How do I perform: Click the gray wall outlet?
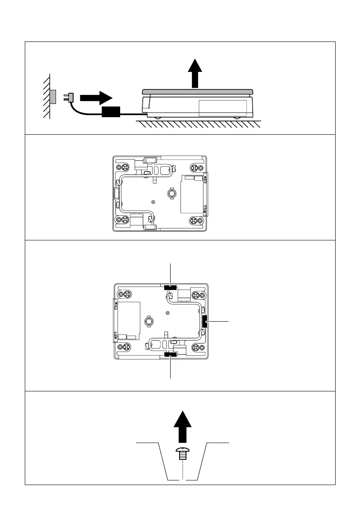(x=53, y=97)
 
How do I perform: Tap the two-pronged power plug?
(x=69, y=97)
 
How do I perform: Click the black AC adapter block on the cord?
(x=111, y=112)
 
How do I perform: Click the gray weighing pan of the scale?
(x=198, y=92)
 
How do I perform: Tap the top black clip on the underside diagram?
(x=170, y=287)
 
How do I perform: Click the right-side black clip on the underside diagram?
(x=204, y=321)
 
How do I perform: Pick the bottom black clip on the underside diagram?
(x=171, y=354)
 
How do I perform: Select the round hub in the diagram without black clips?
(x=171, y=194)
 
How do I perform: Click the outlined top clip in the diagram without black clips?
(x=150, y=160)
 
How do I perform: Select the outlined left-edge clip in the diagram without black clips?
(x=115, y=194)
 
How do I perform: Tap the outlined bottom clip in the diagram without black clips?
(x=150, y=227)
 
